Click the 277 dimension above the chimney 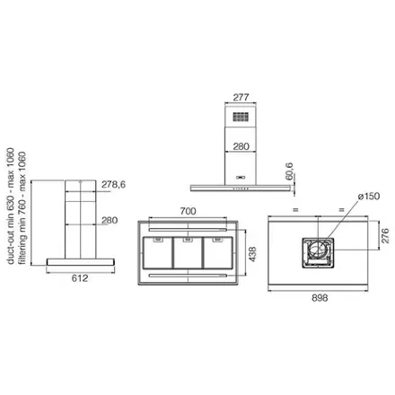point(241,97)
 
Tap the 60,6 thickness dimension point(289,171)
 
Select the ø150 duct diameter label point(369,197)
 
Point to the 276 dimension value point(385,235)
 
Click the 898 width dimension point(320,298)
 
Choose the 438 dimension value point(252,254)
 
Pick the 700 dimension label point(189,211)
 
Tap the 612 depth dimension point(80,278)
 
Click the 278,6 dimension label point(113,185)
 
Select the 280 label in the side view point(110,220)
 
